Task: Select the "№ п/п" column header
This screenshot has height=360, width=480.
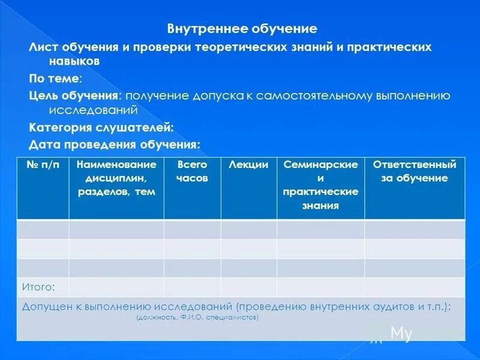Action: [43, 165]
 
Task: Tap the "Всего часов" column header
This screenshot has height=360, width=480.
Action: [192, 171]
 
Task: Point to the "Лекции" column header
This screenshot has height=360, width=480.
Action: [248, 165]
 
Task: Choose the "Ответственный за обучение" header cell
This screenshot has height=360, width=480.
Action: [415, 171]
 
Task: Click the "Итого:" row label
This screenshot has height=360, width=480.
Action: [38, 286]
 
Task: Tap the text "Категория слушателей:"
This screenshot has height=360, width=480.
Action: [101, 127]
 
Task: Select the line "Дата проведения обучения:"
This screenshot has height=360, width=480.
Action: [115, 145]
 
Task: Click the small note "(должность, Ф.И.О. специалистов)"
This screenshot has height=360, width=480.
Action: [197, 317]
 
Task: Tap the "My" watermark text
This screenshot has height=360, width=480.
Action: [401, 334]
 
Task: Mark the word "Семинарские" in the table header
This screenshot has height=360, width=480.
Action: [320, 164]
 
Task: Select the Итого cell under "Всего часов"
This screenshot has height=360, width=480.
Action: [192, 286]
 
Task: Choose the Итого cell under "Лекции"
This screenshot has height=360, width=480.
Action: [248, 286]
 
